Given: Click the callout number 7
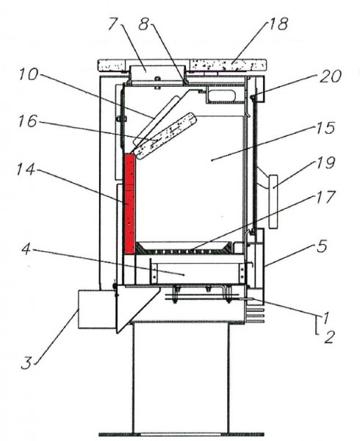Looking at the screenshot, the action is [x=113, y=24].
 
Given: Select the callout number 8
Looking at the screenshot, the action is [x=143, y=24].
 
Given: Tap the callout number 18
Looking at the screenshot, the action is [x=278, y=24].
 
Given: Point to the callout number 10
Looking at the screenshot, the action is [x=28, y=74].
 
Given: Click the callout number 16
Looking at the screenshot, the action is [x=27, y=121].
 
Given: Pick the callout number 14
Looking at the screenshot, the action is [x=26, y=170].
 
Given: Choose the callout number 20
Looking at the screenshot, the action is [x=331, y=76].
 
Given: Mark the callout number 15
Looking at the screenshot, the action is [x=325, y=128].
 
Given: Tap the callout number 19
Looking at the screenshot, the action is [x=326, y=162].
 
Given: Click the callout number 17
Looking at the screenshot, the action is [x=326, y=197].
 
